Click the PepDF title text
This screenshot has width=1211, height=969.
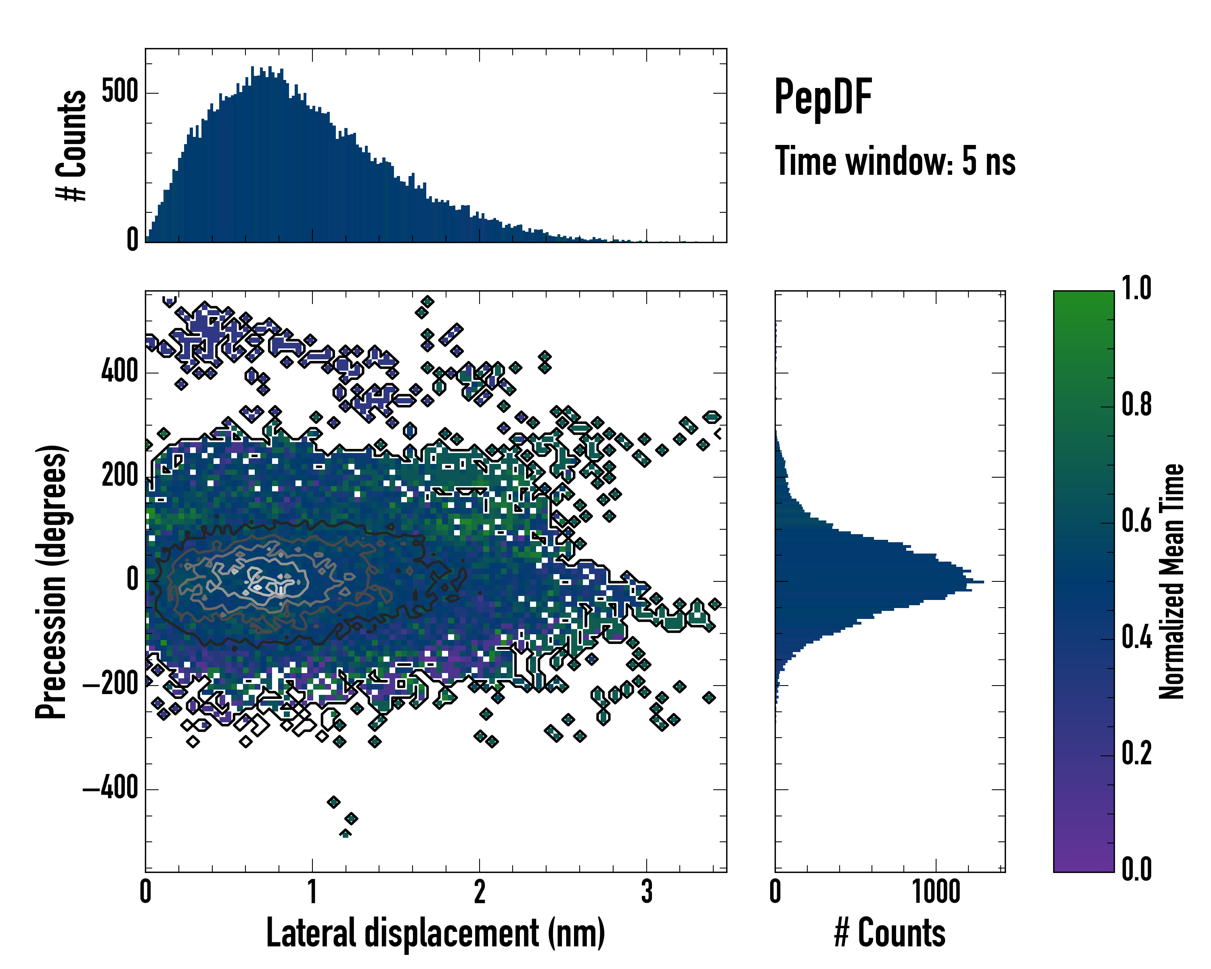pyautogui.click(x=822, y=97)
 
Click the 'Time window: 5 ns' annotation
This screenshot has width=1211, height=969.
pyautogui.click(x=895, y=161)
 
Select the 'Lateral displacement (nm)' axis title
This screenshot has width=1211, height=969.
pyautogui.click(x=435, y=933)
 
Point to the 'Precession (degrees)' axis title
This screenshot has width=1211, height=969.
pyautogui.click(x=52, y=581)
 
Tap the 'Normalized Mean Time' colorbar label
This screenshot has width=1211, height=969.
pyautogui.click(x=1172, y=581)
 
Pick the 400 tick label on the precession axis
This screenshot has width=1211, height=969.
pyautogui.click(x=119, y=371)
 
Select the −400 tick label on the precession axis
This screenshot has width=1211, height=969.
pyautogui.click(x=111, y=789)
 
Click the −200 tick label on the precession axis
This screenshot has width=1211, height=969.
pyautogui.click(x=111, y=685)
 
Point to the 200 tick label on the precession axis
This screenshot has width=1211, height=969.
pyautogui.click(x=119, y=476)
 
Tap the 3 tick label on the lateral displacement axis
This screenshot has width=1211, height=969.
pyautogui.click(x=647, y=891)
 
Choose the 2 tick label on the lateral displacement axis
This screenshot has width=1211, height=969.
pyautogui.click(x=479, y=891)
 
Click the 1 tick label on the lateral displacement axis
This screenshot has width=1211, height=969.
pyautogui.click(x=312, y=891)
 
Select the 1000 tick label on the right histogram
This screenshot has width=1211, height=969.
pyautogui.click(x=936, y=891)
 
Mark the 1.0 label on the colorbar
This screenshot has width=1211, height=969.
pyautogui.click(x=1136, y=288)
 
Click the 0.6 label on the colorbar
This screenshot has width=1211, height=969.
pyautogui.click(x=1136, y=521)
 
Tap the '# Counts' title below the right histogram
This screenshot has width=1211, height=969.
pyautogui.click(x=890, y=933)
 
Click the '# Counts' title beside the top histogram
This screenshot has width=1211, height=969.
pyautogui.click(x=72, y=145)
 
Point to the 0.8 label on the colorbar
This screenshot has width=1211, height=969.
pyautogui.click(x=1136, y=405)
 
